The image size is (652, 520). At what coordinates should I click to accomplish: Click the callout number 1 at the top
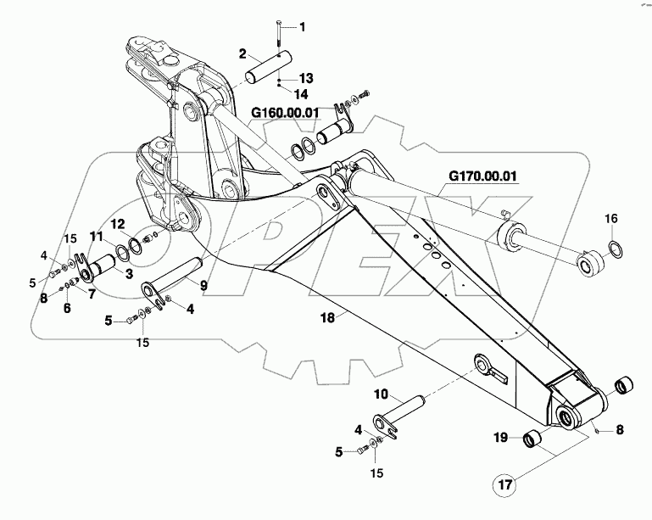[304, 27]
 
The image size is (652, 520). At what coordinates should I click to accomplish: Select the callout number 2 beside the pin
[242, 54]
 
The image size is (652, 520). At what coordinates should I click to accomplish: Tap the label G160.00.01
[284, 111]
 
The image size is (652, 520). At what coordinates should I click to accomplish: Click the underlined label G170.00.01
[482, 177]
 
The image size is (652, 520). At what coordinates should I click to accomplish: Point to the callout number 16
[610, 219]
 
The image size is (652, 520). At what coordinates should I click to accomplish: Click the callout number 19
[501, 437]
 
